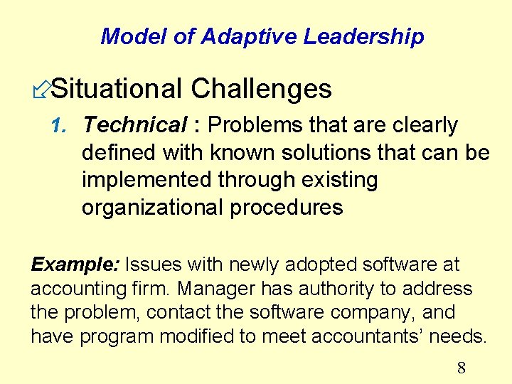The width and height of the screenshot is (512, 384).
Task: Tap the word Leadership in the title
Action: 363,36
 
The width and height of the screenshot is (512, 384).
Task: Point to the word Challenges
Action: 261,89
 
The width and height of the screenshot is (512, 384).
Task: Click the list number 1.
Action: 60,126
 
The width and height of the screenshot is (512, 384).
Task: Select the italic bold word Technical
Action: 134,125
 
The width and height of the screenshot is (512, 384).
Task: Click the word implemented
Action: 147,181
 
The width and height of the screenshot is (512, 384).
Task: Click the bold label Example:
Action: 75,265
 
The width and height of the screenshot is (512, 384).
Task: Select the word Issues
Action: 154,265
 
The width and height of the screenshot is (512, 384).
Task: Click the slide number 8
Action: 461,368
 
